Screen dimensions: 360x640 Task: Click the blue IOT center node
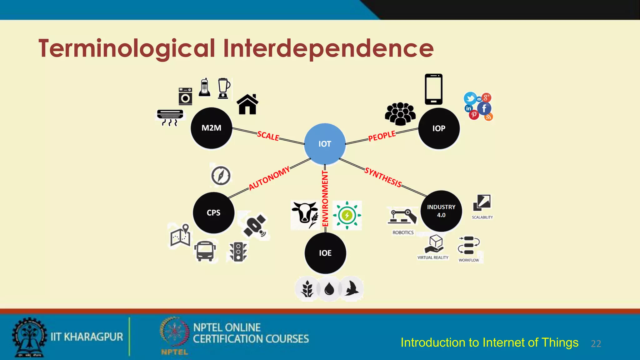coord(325,144)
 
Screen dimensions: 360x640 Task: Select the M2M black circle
coord(211,128)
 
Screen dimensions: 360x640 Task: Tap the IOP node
coord(439,128)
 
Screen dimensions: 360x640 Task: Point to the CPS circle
coord(213,212)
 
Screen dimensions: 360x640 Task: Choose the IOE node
coord(325,253)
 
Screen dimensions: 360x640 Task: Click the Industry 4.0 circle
coord(441,211)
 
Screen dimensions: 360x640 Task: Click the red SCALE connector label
coord(268,136)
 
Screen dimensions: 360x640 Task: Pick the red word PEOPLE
coord(382,136)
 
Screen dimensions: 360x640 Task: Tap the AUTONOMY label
coord(269,178)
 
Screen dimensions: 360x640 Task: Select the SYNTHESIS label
coord(383,177)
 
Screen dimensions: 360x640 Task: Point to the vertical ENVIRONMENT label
coord(325,198)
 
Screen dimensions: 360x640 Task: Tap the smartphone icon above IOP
coord(433,89)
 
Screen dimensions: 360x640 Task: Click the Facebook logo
coord(484,108)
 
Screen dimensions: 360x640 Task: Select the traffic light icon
coord(238,251)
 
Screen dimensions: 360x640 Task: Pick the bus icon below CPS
coord(205,251)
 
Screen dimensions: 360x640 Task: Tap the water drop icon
coord(329,289)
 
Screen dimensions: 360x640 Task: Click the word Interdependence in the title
coord(328,48)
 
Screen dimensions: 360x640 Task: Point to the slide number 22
coord(596,344)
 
